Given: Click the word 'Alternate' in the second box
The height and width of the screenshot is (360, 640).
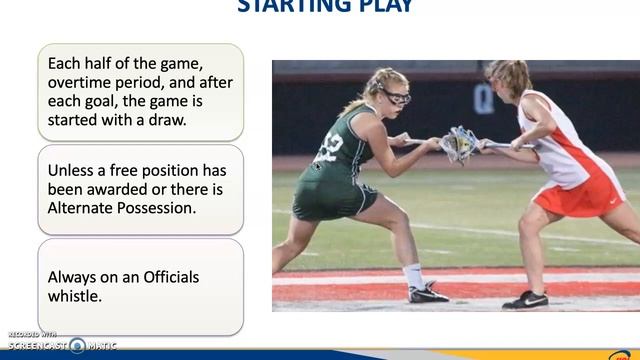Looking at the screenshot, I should [84, 208].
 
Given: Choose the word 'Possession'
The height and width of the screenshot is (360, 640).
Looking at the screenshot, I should [166, 208].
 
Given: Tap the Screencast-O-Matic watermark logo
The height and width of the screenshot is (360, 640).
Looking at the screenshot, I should [60, 343].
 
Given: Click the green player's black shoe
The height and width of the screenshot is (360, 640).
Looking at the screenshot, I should [428, 292].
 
